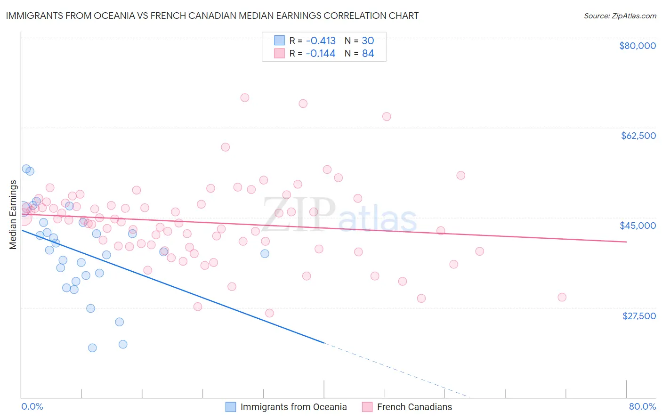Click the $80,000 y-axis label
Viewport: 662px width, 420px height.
637,46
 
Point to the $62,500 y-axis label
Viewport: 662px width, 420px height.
638,136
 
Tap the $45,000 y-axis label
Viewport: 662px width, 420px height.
638,226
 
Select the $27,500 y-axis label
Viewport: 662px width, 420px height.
639,316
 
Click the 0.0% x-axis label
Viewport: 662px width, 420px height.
32,406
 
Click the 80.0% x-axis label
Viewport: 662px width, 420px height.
642,406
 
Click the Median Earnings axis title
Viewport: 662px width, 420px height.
13,215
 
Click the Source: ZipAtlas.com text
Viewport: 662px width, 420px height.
620,16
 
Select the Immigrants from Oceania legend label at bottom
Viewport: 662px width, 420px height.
293,407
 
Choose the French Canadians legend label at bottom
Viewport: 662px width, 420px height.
414,407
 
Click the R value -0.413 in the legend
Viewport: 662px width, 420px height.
320,40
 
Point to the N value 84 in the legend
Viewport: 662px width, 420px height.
368,54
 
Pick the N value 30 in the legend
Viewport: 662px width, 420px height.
368,40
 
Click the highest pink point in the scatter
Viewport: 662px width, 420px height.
244,98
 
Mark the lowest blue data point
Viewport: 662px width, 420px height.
92,348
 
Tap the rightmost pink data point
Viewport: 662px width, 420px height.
562,297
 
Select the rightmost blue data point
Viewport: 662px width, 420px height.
265,254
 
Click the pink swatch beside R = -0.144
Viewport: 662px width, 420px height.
279,54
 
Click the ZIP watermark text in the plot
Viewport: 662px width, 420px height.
299,214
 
